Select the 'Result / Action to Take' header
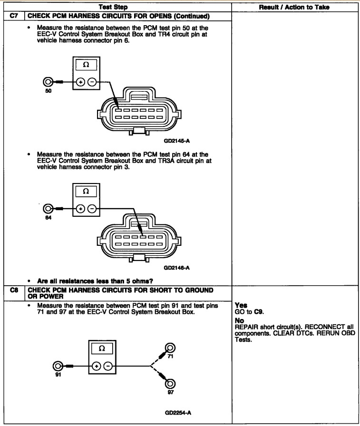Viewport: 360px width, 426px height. (295, 7)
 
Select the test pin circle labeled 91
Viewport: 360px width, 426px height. (58, 366)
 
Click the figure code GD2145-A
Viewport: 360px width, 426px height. (177, 141)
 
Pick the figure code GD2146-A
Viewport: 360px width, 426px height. (177, 268)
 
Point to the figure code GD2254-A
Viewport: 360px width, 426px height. (177, 412)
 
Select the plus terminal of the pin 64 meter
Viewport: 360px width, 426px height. (81, 209)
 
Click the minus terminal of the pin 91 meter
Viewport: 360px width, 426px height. (107, 366)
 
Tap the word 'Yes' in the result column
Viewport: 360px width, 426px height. (241, 305)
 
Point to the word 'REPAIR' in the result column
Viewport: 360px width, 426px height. (247, 327)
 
